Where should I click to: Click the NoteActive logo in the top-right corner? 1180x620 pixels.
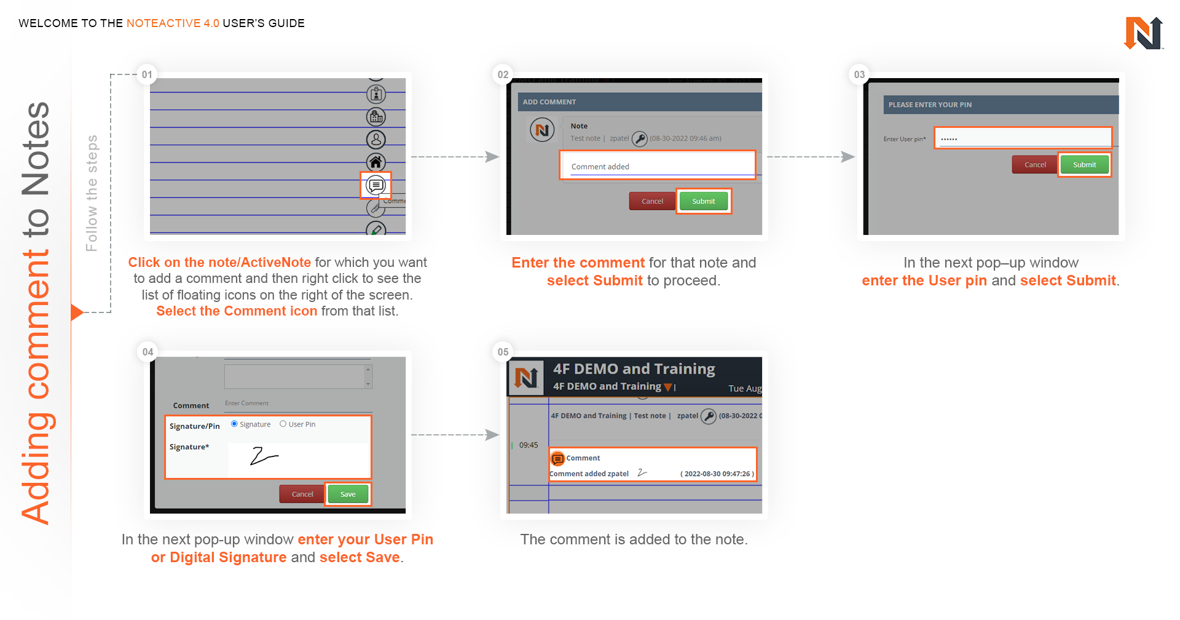1143,33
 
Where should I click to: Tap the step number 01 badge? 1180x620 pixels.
147,74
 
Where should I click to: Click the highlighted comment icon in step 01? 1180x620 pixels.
376,185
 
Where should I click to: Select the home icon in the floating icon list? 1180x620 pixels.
376,162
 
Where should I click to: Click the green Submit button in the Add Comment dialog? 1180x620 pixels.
704,201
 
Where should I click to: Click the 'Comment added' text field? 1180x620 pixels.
657,166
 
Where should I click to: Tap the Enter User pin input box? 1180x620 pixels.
1023,138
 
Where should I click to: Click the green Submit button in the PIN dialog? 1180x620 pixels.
1084,165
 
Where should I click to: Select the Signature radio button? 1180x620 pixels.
234,424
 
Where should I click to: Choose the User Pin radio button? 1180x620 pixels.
283,424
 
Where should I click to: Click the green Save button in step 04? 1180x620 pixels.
348,494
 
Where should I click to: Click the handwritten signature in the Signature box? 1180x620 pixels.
264,456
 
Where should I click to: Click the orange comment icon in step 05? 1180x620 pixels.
557,458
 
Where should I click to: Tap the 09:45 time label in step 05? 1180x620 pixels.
529,445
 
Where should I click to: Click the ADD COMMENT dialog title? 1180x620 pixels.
549,102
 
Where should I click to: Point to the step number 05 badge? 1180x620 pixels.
503,352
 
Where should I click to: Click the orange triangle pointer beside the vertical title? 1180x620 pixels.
77,312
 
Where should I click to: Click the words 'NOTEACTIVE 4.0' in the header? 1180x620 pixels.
173,23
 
